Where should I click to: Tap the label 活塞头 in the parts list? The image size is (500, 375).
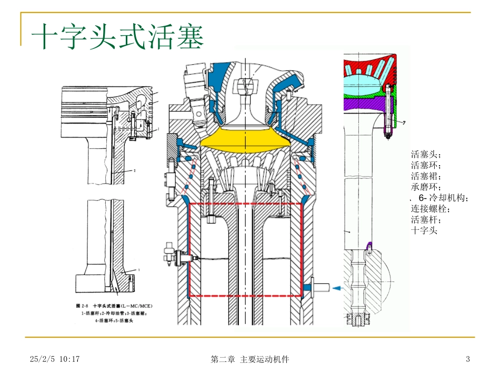(x=426, y=155)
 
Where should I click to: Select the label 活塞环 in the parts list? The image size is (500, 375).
(x=426, y=166)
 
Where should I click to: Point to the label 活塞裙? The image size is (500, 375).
(x=426, y=176)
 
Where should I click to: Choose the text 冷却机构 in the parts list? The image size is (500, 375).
(x=447, y=198)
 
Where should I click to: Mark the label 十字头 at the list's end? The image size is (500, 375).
(x=424, y=230)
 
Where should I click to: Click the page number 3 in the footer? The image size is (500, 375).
(x=467, y=359)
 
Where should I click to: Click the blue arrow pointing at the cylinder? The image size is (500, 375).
(x=336, y=288)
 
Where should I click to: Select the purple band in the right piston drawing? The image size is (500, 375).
(x=363, y=105)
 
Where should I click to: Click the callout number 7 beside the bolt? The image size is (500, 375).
(x=404, y=123)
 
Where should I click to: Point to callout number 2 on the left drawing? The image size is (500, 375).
(x=135, y=171)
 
